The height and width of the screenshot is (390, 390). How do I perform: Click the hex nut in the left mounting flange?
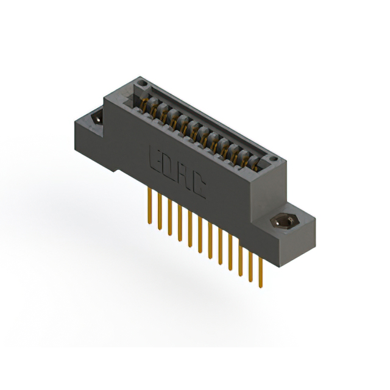97,118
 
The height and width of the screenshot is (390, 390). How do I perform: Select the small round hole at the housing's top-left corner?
141,81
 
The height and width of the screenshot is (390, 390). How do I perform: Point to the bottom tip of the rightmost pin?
260,286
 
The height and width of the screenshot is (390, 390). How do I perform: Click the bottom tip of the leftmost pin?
150,223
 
